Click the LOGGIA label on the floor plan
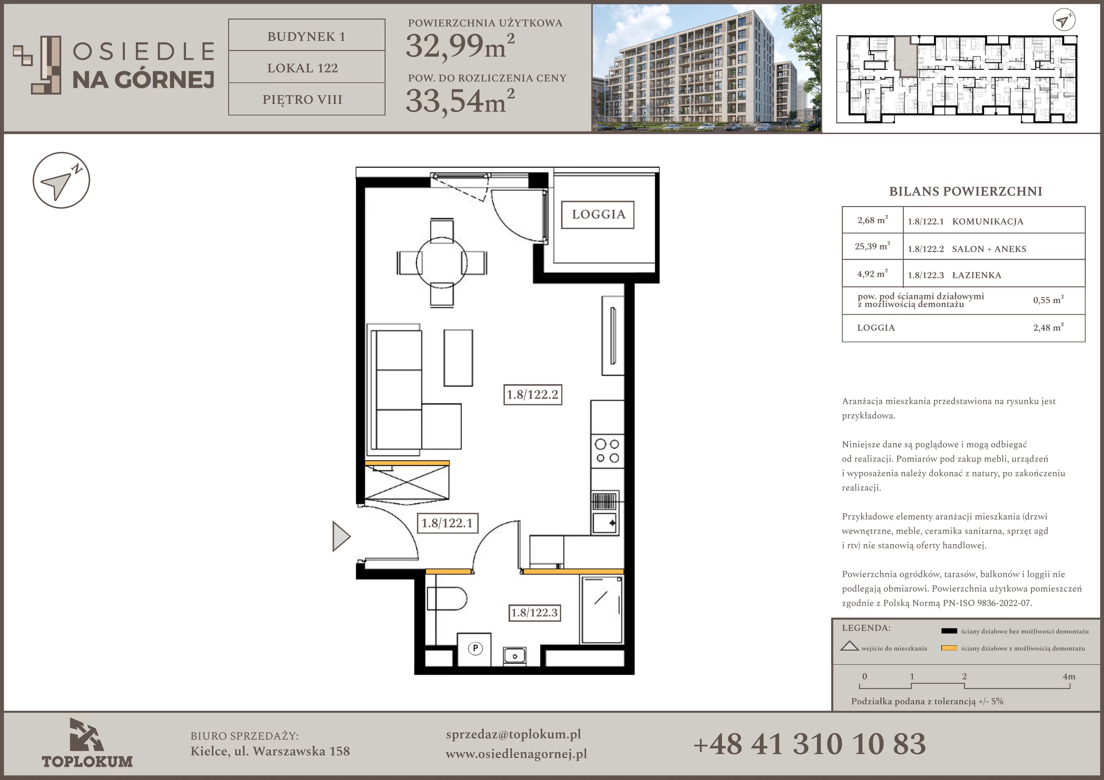tap(598, 215)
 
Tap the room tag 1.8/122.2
tap(532, 395)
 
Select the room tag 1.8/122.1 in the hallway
tap(447, 523)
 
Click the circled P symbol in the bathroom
tap(475, 649)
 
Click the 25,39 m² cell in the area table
tap(872, 246)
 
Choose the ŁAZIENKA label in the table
tap(977, 275)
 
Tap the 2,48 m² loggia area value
tap(1048, 327)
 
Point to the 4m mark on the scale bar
tap(1069, 676)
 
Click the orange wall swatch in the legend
tap(949, 648)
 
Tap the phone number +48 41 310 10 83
tap(809, 743)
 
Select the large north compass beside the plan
tap(61, 180)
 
